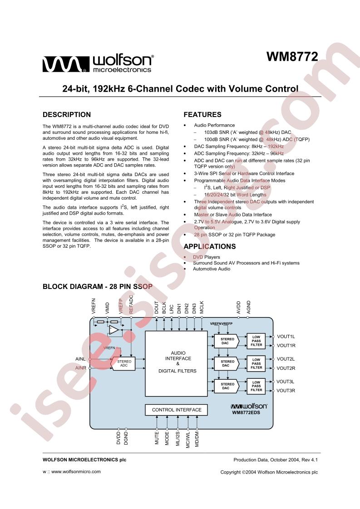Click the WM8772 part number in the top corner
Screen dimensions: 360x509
click(x=292, y=57)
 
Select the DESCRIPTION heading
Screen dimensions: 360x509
click(x=67, y=115)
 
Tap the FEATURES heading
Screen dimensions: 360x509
click(x=202, y=115)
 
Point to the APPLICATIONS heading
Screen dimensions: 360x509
click(x=210, y=246)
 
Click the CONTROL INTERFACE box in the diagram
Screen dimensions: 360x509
click(x=177, y=410)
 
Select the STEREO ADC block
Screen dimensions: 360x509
click(x=123, y=363)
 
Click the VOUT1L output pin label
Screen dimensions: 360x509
click(x=286, y=337)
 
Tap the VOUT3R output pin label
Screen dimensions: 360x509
click(x=286, y=391)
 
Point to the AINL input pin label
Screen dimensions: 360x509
click(x=80, y=359)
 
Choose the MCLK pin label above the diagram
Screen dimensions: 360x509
click(x=202, y=307)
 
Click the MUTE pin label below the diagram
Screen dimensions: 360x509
click(x=157, y=438)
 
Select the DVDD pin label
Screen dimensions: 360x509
click(x=118, y=438)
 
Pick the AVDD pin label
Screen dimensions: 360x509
click(x=238, y=308)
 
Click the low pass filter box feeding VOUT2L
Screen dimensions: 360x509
click(x=256, y=363)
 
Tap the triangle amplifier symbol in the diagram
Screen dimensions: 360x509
click(x=113, y=330)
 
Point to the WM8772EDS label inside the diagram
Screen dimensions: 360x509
click(x=246, y=412)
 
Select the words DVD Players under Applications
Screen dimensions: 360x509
click(x=206, y=257)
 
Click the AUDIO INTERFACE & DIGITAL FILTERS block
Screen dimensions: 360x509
click(x=176, y=363)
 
